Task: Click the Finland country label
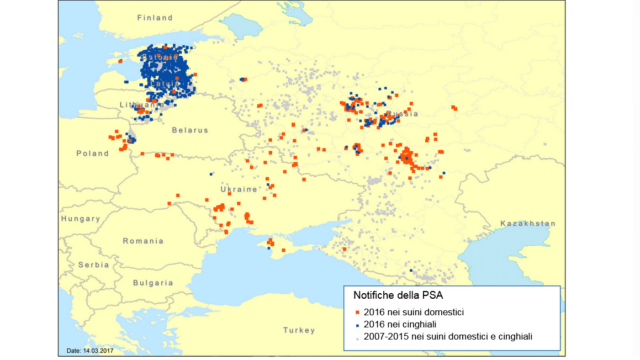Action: tap(155, 18)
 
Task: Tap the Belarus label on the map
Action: tap(190, 130)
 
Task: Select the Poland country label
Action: tap(92, 153)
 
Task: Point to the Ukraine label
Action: tap(239, 189)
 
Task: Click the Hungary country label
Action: tap(81, 219)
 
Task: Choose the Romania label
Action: tap(144, 241)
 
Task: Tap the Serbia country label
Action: tap(93, 265)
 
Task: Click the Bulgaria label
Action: tap(153, 283)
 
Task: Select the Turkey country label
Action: tap(299, 330)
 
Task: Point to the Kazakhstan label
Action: tap(528, 224)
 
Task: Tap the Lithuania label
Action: tap(141, 104)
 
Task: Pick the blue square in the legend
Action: tap(358, 325)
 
